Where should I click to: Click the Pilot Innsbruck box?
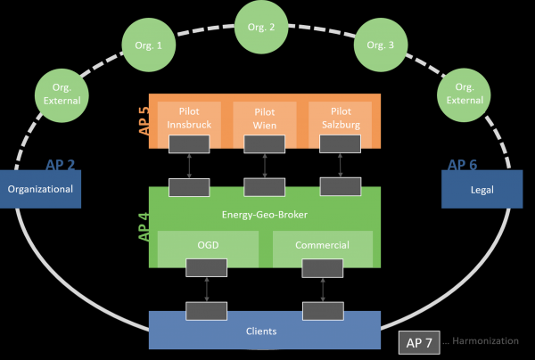pos(189,118)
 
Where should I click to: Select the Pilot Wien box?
pos(264,118)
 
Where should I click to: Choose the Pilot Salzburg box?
pos(340,118)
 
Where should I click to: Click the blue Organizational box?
pos(40,189)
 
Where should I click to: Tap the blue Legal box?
pos(481,189)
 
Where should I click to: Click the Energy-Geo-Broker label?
pos(265,215)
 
